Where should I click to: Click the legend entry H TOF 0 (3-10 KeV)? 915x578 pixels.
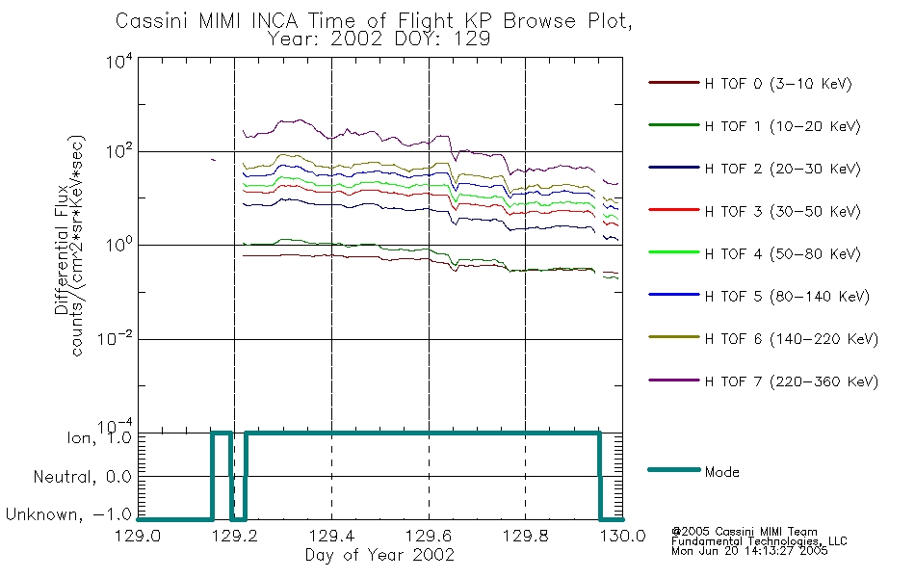pos(778,84)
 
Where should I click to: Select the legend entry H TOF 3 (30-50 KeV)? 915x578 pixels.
pos(782,211)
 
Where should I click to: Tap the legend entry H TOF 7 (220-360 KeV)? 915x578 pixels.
pos(792,381)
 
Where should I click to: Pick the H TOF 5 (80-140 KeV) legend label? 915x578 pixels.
pos(787,297)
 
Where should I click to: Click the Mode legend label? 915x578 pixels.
pos(721,472)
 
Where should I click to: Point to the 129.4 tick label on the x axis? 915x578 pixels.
pos(332,536)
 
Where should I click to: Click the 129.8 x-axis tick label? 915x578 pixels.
pos(525,536)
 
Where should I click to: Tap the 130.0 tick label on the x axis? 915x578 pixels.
pos(622,536)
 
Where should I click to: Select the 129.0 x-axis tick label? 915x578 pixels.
pos(138,536)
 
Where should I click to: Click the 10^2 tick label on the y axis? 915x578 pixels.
pos(119,151)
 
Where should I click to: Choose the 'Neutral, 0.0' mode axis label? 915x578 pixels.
pos(82,477)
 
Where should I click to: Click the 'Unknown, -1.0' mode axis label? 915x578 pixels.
pos(68,514)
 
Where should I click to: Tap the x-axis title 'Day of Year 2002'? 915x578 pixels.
pos(379,555)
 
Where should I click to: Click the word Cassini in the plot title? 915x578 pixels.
pos(153,21)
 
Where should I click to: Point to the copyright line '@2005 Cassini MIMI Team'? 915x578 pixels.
pos(744,532)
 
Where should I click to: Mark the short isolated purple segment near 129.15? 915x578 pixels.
pos(213,159)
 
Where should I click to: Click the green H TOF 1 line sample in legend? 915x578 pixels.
pos(673,125)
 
